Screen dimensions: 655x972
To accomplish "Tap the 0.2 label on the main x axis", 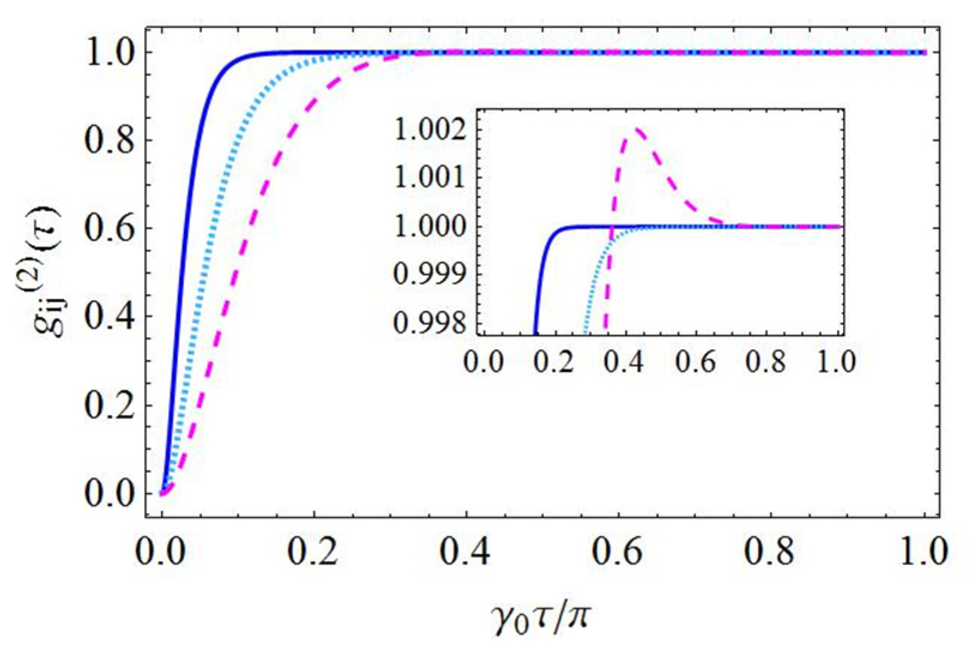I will [313, 553].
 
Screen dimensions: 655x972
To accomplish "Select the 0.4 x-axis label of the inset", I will [625, 362].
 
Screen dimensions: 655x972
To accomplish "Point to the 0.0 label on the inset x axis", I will [484, 362].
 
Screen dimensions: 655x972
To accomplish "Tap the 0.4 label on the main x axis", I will [465, 553].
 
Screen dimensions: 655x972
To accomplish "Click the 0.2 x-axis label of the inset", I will [555, 362].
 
